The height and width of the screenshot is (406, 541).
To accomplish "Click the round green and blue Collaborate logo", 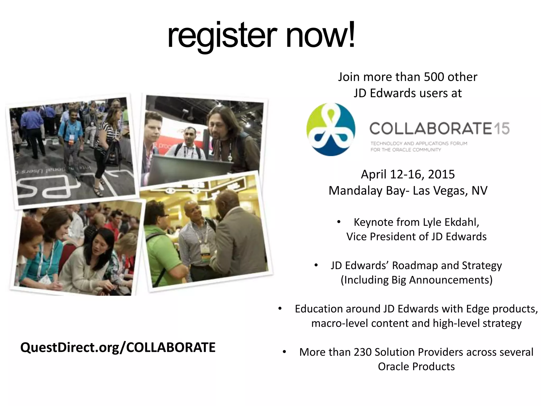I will (331, 129).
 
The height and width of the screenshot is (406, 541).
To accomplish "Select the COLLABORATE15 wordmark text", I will (439, 129).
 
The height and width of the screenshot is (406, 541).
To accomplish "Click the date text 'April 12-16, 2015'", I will (408, 174).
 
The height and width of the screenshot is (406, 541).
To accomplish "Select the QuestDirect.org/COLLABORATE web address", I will (118, 347).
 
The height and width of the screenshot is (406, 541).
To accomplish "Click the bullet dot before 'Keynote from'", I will (339, 222).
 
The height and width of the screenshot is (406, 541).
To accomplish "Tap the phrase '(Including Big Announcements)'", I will (417, 280).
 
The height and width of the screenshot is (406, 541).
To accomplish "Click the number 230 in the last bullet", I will (363, 352).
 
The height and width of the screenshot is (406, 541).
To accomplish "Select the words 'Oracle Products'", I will (416, 367).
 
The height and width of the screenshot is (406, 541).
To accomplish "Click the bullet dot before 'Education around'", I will (280, 309).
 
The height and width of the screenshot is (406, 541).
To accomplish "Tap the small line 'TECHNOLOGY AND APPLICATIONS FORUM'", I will (419, 144).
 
